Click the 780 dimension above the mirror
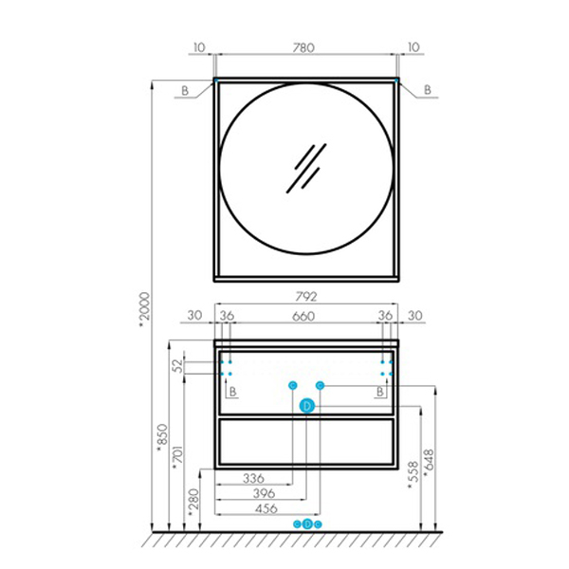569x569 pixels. click(303, 47)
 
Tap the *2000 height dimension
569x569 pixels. click(145, 309)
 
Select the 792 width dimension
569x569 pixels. click(306, 297)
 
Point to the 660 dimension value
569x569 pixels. click(303, 317)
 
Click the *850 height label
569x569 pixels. click(162, 438)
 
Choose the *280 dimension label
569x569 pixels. click(194, 503)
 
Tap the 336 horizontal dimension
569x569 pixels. click(253, 478)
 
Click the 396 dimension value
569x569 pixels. click(265, 493)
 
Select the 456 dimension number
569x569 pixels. click(266, 508)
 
